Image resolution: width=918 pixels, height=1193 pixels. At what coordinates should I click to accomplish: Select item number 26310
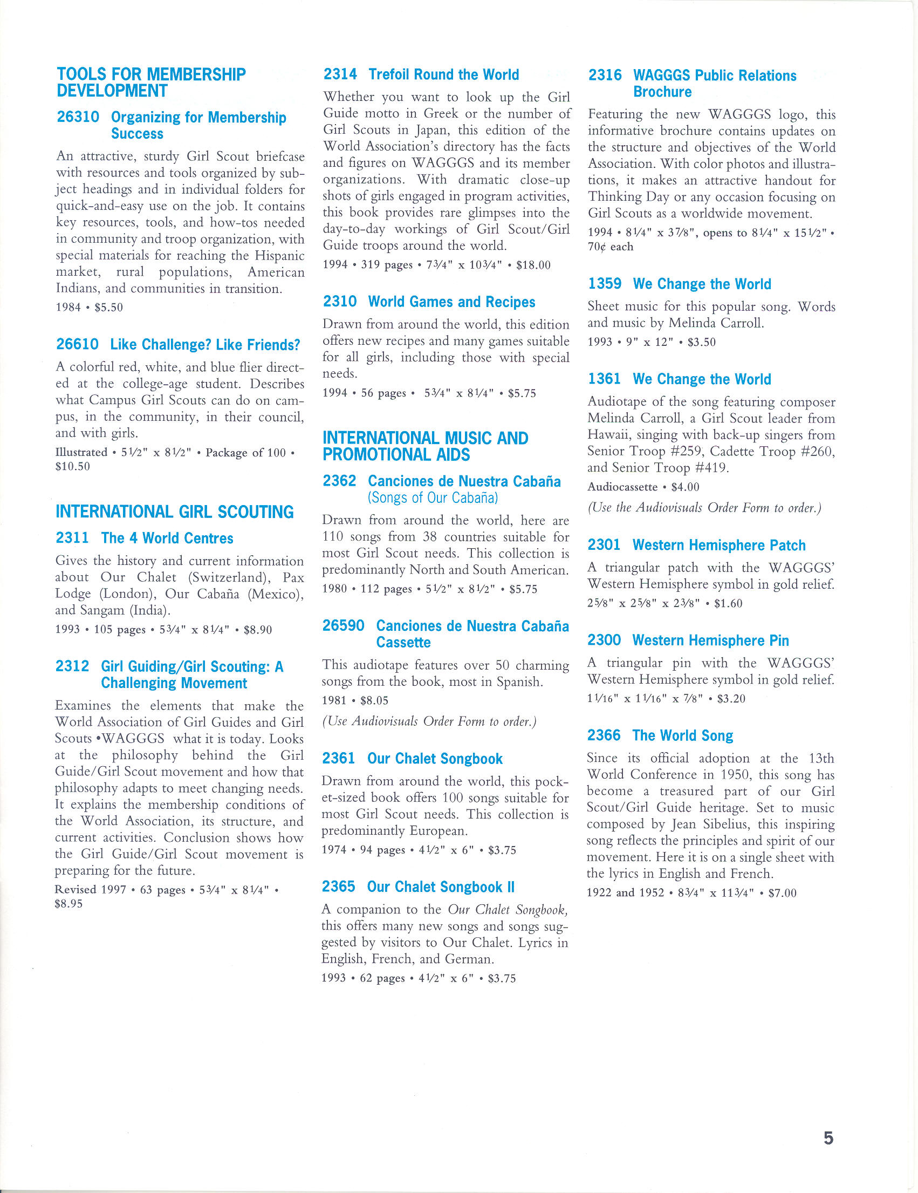78,118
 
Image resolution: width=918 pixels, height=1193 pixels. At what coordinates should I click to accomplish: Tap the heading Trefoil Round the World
443,74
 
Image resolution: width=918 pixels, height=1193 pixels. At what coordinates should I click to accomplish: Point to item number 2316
605,76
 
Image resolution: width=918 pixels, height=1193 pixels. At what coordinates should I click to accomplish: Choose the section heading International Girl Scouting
175,512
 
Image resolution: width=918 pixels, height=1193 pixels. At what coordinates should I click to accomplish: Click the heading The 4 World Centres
167,538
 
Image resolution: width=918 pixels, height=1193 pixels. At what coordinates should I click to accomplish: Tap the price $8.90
258,629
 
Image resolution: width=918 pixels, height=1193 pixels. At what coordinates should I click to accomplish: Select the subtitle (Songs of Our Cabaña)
433,497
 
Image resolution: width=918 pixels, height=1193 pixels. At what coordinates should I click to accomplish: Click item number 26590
343,625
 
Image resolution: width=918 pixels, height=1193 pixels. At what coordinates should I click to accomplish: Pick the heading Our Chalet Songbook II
441,887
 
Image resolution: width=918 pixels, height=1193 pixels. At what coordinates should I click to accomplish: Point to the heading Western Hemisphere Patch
718,545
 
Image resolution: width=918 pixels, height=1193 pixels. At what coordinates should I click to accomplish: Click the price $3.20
731,698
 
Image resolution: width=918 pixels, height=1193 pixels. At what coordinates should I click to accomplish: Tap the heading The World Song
683,735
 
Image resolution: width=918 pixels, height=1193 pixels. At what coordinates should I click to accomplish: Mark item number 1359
605,284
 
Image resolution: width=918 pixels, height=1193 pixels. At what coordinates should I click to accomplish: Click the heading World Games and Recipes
451,302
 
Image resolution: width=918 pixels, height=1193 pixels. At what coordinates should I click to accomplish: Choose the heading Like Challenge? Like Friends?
205,345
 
